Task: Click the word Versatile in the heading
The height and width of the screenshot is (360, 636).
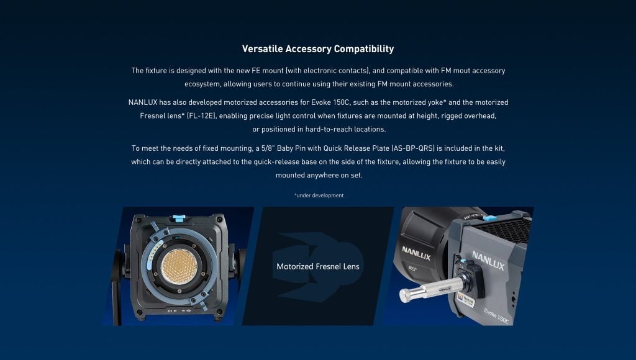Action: (x=263, y=49)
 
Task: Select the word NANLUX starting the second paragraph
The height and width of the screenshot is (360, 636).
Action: (x=143, y=102)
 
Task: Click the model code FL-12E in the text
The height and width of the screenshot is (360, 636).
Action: (x=201, y=116)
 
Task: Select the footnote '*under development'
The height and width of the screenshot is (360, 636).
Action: (x=319, y=196)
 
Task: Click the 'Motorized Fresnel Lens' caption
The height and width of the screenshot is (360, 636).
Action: (x=318, y=267)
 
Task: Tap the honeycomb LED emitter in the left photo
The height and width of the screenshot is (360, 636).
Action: (x=179, y=266)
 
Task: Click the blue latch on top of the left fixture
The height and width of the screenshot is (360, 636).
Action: (x=179, y=218)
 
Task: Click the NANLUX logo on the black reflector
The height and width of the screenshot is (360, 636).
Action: (x=416, y=253)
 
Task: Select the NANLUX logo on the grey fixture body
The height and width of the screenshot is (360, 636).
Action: (x=488, y=260)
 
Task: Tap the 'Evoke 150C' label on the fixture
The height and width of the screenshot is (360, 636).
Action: (x=496, y=316)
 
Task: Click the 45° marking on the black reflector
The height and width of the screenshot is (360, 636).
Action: (x=412, y=268)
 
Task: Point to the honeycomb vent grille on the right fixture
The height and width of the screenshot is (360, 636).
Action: (x=504, y=229)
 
